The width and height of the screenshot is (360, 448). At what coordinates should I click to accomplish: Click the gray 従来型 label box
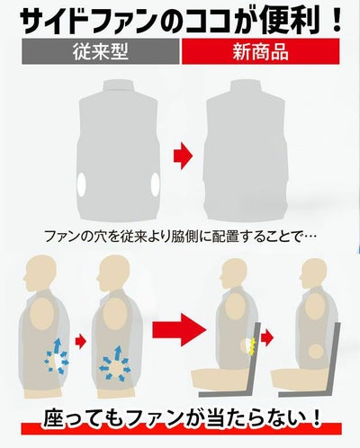[101, 51]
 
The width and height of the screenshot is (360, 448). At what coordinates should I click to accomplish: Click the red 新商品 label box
[260, 51]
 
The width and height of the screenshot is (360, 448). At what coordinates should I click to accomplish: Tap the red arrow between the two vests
[183, 156]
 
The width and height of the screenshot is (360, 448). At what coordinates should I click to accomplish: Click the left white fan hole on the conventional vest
[81, 184]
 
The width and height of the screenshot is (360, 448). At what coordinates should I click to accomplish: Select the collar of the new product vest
[246, 89]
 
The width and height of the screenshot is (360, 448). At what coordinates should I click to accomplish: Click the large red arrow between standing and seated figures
[179, 330]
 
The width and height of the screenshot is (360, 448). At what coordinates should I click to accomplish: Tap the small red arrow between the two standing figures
[80, 341]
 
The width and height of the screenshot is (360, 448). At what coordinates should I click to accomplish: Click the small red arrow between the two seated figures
[267, 338]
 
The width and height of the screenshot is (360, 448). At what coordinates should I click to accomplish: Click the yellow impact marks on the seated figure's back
[253, 345]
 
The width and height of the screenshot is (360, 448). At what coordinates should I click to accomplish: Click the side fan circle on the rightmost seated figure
[315, 351]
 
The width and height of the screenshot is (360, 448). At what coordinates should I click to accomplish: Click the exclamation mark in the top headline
[337, 21]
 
